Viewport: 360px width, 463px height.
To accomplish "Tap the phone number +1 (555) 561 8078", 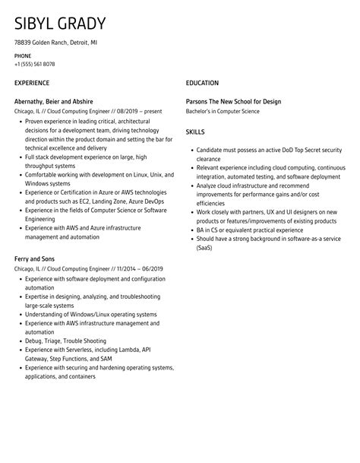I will click(35, 64).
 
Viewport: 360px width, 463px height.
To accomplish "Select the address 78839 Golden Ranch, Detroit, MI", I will click(55, 43).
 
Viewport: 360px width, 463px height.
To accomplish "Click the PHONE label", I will click(23, 56).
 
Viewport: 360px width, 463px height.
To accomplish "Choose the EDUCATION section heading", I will click(202, 83).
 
